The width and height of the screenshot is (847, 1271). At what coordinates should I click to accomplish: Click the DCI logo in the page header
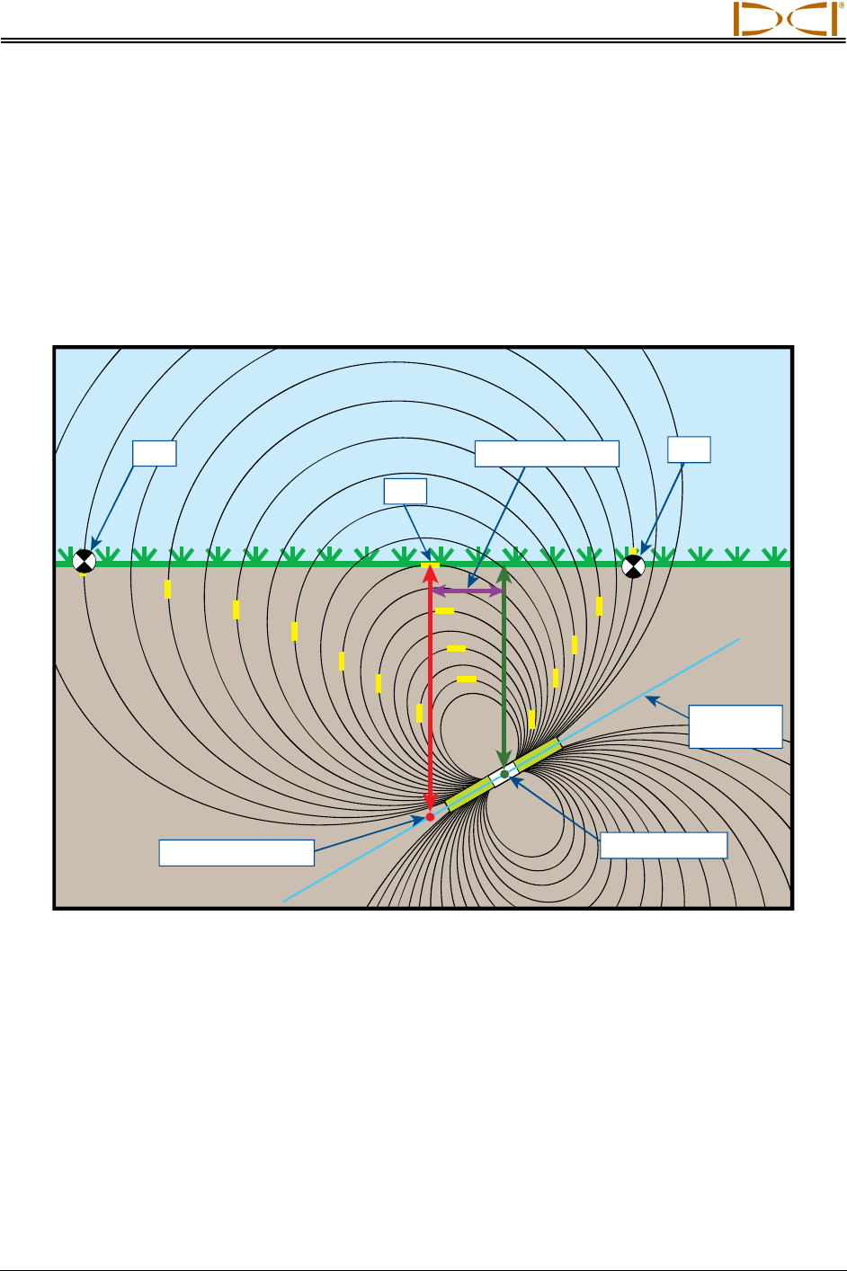pyautogui.click(x=785, y=19)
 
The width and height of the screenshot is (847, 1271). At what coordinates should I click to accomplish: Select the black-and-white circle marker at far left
pyautogui.click(x=84, y=562)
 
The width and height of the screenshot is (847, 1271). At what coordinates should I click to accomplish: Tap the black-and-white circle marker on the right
pyautogui.click(x=634, y=565)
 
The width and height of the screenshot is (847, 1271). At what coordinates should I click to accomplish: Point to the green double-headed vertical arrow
pyautogui.click(x=504, y=665)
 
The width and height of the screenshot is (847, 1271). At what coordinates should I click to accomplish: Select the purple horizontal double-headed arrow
pyautogui.click(x=468, y=591)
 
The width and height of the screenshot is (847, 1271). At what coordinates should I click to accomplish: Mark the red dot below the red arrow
pyautogui.click(x=430, y=816)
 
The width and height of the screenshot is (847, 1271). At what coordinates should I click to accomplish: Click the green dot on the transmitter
pyautogui.click(x=504, y=773)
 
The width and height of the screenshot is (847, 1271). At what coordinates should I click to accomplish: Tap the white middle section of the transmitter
pyautogui.click(x=502, y=776)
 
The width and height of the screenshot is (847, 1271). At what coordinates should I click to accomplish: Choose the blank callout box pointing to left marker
pyautogui.click(x=154, y=453)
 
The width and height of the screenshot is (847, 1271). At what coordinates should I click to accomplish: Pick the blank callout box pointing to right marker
pyautogui.click(x=689, y=449)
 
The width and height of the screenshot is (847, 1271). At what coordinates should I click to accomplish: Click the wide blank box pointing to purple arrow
pyautogui.click(x=547, y=454)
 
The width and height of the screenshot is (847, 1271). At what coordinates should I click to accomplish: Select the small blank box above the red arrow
pyautogui.click(x=405, y=491)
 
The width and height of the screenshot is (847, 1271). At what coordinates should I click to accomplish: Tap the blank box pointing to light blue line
pyautogui.click(x=735, y=726)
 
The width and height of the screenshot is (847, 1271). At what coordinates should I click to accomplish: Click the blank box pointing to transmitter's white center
pyautogui.click(x=664, y=845)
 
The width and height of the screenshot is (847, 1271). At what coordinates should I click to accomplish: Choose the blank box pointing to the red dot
pyautogui.click(x=236, y=852)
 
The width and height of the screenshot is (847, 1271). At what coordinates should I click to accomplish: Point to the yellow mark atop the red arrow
pyautogui.click(x=431, y=564)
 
